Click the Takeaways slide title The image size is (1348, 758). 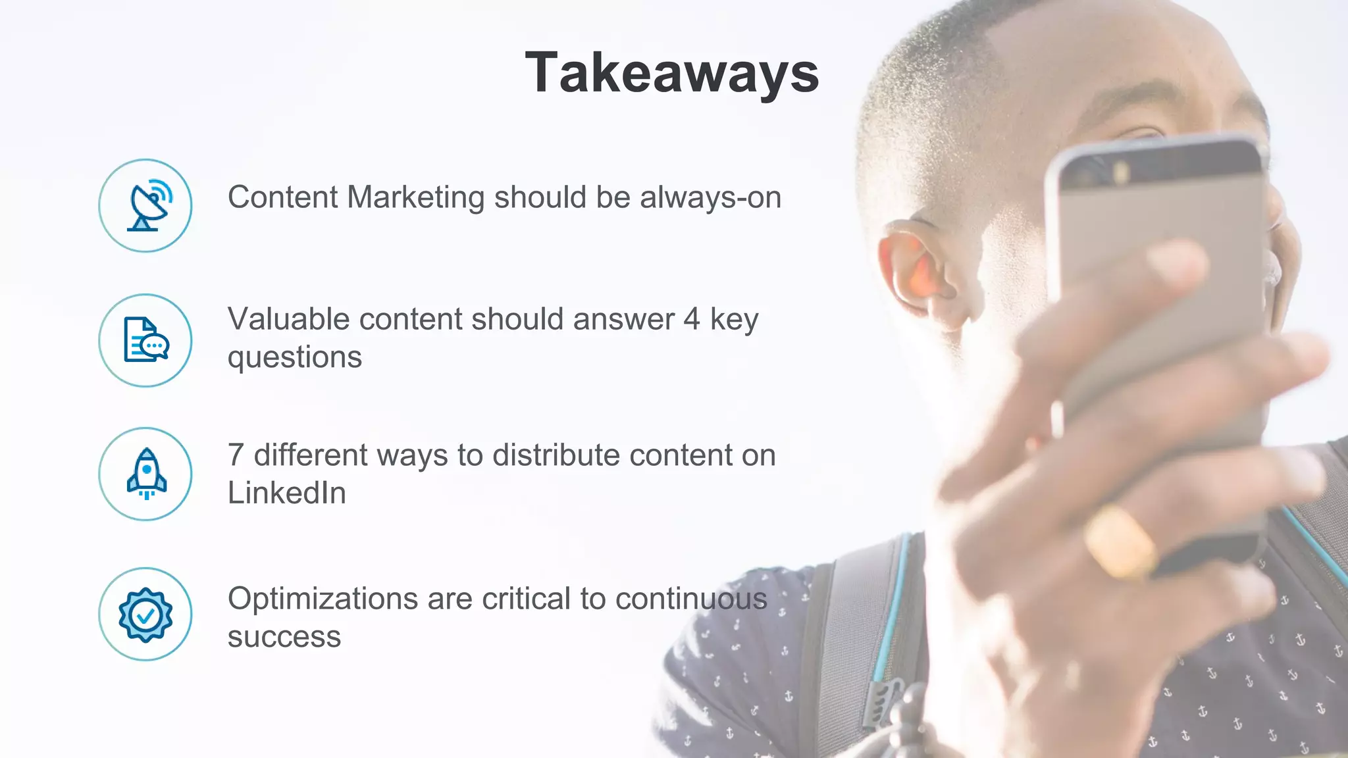point(672,73)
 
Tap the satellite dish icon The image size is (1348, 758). point(145,205)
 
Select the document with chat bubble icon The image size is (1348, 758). point(145,340)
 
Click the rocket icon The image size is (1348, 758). point(145,474)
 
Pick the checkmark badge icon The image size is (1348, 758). point(145,614)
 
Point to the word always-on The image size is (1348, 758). point(710,197)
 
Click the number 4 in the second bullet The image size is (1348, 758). point(691,319)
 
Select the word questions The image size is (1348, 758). point(294,357)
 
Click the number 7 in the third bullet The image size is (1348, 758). point(236,455)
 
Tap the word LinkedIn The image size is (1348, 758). point(286,493)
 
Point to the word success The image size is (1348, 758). point(284,637)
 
